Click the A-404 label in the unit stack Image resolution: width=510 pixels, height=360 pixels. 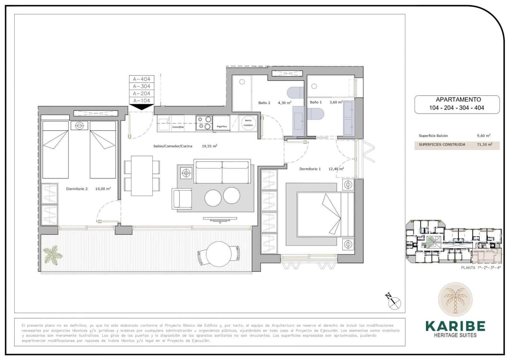[142, 79]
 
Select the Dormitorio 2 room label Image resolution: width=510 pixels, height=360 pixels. [77, 189]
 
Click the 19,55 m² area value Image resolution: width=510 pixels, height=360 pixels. [209, 146]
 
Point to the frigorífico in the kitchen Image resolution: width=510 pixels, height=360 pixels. [222, 124]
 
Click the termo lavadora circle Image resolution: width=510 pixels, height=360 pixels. [248, 123]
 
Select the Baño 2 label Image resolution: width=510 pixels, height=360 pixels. [264, 103]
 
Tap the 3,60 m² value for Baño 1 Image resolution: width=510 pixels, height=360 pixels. [336, 102]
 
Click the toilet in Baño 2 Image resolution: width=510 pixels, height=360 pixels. [296, 93]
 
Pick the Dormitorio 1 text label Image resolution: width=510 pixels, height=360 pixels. [310, 169]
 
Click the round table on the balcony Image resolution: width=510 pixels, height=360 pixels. [219, 254]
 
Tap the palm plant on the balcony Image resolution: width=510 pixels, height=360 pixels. [53, 254]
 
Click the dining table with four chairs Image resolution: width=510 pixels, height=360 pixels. [142, 176]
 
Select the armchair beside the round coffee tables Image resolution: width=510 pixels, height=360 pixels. [182, 199]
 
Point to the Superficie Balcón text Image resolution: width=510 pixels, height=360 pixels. [433, 136]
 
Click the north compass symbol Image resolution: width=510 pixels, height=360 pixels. [395, 301]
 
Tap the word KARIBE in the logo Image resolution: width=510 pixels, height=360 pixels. [455, 326]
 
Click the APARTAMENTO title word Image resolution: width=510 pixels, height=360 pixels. [456, 99]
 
